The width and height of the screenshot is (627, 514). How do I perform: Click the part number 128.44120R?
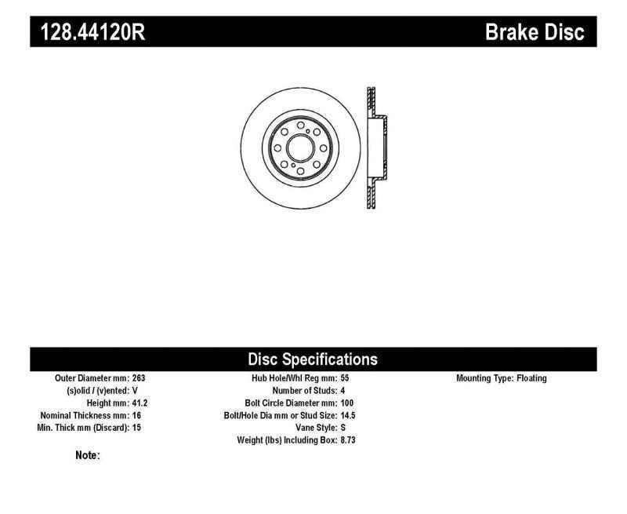tap(87, 33)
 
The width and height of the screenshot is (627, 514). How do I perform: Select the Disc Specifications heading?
tap(313, 359)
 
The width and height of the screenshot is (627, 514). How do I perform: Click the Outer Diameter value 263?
tap(139, 378)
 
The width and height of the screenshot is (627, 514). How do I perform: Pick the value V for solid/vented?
tap(135, 391)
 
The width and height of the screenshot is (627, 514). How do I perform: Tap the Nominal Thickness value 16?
tap(136, 416)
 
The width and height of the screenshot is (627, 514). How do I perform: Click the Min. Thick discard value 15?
tap(136, 428)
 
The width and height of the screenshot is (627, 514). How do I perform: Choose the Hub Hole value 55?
tap(346, 378)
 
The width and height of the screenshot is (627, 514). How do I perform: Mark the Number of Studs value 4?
tap(343, 391)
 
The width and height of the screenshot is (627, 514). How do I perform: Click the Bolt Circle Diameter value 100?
tap(348, 403)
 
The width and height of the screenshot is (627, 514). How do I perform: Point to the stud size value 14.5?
tap(349, 416)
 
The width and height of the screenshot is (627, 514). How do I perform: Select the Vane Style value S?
tap(343, 428)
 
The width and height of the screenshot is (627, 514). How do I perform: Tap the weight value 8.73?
tap(349, 441)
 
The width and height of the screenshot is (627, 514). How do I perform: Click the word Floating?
tap(531, 378)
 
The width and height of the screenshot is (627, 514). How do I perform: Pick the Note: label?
tap(86, 455)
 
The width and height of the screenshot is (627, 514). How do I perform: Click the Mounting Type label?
tap(484, 378)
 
